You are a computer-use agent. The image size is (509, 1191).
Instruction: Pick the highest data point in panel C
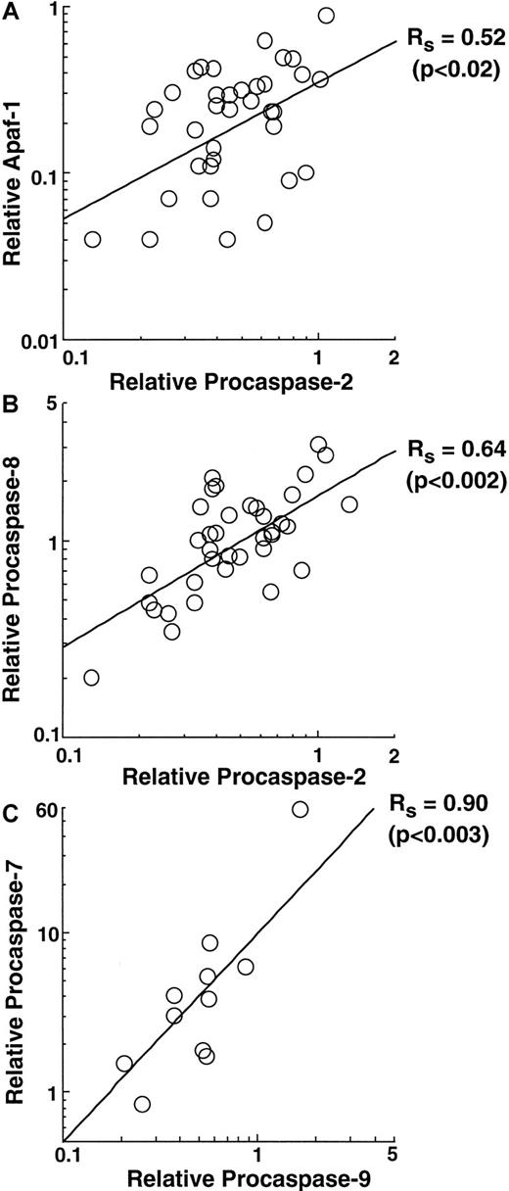(x=300, y=809)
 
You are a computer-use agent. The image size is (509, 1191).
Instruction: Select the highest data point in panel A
(x=327, y=16)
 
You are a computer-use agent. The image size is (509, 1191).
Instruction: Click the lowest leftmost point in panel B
(x=91, y=678)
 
